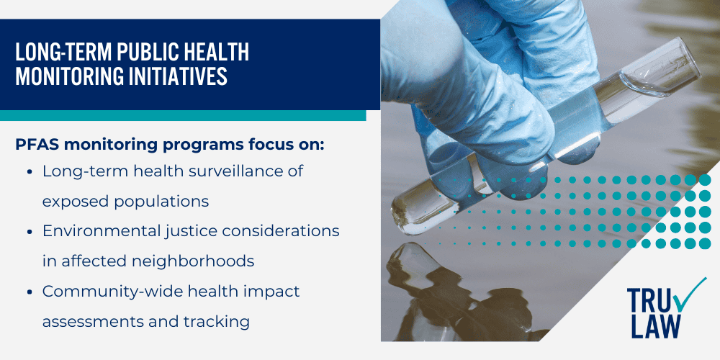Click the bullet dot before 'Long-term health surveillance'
coord(28,172)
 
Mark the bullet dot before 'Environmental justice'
coord(28,232)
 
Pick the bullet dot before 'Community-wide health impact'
coord(28,292)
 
